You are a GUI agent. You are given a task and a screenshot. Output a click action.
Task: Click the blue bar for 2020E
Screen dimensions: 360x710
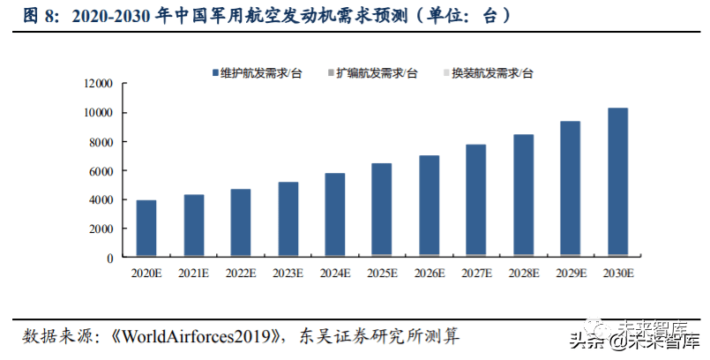146,228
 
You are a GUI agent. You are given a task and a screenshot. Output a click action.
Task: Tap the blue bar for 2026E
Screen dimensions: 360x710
430,206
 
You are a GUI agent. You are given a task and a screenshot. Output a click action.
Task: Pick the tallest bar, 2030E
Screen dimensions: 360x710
617,182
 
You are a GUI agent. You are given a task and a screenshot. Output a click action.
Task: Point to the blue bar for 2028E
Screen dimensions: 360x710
523,195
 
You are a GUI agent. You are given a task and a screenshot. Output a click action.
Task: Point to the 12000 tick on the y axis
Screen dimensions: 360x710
99,84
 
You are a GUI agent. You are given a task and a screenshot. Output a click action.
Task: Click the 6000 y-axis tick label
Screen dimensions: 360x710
102,170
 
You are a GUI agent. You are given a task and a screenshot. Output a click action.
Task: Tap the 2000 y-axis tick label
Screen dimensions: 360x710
102,229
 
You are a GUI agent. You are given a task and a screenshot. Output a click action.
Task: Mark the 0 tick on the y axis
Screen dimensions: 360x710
111,258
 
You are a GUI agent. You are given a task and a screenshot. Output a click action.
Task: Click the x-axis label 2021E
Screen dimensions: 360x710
193,273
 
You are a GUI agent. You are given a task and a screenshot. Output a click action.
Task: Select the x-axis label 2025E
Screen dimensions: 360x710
382,273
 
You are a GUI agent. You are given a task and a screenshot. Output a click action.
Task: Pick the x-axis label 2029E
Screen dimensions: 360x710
571,273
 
